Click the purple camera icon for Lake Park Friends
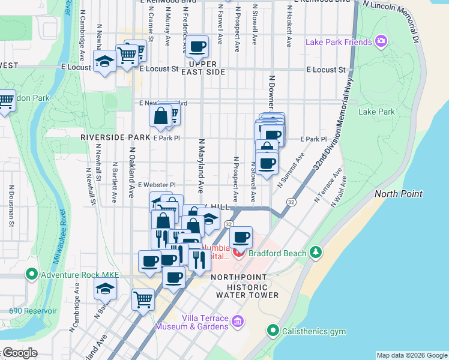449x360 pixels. point(380,41)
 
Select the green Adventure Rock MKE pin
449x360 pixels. point(32,275)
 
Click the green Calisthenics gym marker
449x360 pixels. point(273,330)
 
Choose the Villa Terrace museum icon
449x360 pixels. point(238,322)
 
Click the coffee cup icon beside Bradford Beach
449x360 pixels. point(241,238)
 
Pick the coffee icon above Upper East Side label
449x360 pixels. point(197,46)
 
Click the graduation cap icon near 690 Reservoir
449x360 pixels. point(105,289)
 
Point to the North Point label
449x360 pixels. point(399,194)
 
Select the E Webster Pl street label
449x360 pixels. point(155,185)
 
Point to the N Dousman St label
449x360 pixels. point(11,206)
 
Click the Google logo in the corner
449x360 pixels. point(19,353)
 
